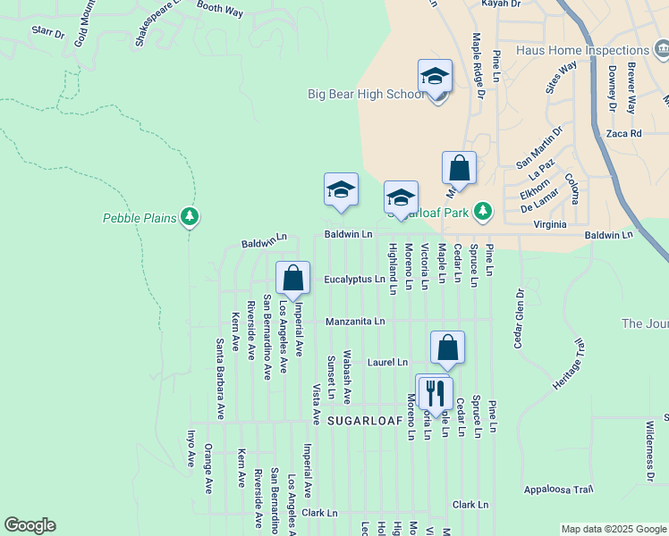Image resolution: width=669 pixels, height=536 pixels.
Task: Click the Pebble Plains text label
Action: [x=140, y=217]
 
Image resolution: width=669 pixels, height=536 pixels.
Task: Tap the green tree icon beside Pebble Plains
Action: [x=189, y=216]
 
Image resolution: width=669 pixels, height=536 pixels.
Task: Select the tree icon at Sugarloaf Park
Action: [x=483, y=210]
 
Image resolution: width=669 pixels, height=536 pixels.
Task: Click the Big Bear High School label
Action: [x=367, y=94]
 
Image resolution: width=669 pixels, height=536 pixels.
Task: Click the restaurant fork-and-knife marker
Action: [x=434, y=390]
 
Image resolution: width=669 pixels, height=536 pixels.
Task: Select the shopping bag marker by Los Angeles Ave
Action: [x=292, y=278]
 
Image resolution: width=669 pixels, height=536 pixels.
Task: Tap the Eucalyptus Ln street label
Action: [x=354, y=280]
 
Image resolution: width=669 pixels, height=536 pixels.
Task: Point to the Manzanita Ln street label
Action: [x=354, y=321]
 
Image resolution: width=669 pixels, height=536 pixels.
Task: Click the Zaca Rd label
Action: [x=623, y=133]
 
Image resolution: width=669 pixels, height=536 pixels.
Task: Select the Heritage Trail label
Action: [x=567, y=364]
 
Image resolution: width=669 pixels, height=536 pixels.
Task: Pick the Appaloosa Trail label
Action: [x=559, y=490]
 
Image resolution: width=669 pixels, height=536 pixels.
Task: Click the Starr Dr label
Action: [x=47, y=33]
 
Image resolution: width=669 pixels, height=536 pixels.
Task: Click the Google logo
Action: [x=30, y=525]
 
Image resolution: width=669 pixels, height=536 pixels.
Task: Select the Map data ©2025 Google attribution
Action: [x=613, y=529]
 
